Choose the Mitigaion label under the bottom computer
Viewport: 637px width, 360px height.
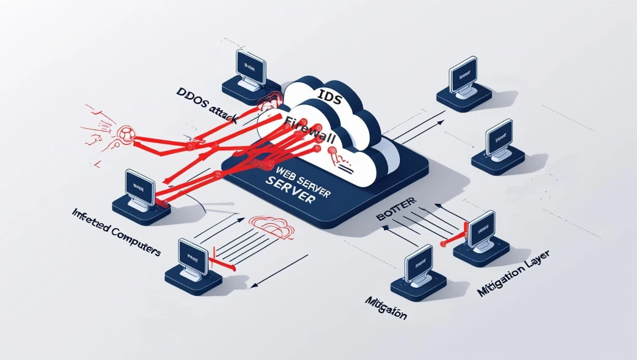pos(385,308)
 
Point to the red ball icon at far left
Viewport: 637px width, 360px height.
pos(126,133)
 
